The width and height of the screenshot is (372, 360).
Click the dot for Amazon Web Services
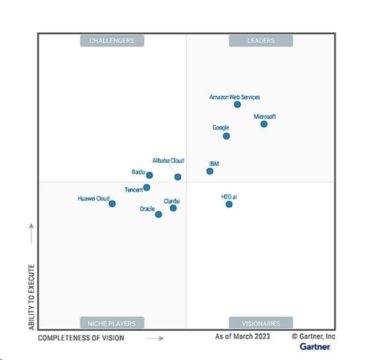(237, 105)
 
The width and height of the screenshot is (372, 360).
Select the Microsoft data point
(264, 124)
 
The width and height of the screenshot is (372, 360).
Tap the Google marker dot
(226, 136)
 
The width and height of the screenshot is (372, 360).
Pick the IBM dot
(210, 171)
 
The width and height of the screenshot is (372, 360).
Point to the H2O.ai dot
(229, 204)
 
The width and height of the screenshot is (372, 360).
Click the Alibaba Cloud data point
(178, 177)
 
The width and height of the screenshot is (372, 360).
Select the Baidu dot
(149, 176)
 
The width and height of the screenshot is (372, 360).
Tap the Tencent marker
(147, 187)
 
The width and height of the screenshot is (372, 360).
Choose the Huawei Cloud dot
(112, 204)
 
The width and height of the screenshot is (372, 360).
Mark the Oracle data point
(158, 214)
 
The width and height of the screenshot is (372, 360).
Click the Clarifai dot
(173, 208)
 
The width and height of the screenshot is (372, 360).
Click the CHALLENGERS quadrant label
(112, 41)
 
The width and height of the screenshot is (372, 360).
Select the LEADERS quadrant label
(261, 41)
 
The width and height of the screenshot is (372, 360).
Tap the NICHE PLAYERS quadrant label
(112, 323)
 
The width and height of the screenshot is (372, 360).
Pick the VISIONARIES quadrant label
(261, 323)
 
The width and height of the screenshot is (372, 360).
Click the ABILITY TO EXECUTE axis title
(30, 289)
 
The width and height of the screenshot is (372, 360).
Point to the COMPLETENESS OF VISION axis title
(81, 338)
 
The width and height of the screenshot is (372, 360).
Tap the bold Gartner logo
(315, 346)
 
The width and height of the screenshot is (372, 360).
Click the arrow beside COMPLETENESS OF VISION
(155, 338)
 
